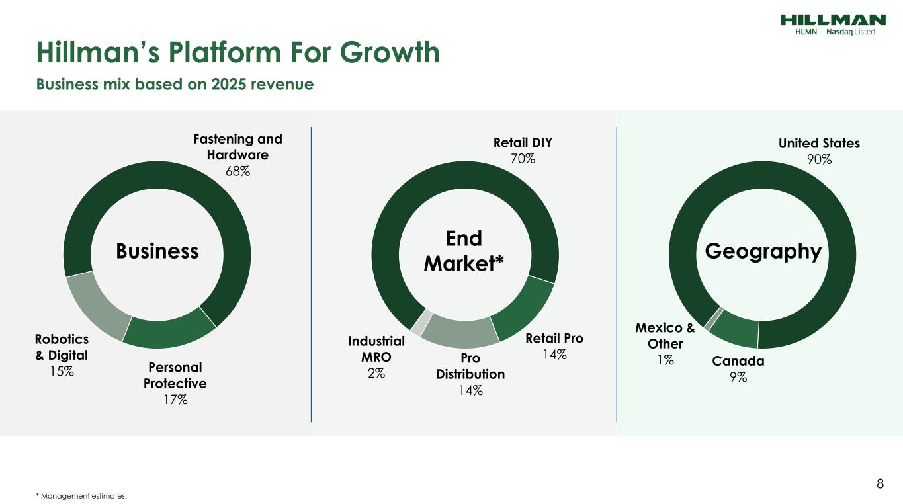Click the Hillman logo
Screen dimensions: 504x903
(x=832, y=24)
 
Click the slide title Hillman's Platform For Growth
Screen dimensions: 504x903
(x=237, y=52)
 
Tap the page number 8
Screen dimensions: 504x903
(x=880, y=483)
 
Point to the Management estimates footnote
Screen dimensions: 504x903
(x=81, y=495)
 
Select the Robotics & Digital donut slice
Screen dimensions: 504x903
(x=97, y=304)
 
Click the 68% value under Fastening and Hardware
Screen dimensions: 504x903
(x=237, y=171)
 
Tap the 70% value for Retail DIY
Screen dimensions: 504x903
(x=523, y=159)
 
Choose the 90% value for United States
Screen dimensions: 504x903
(x=819, y=159)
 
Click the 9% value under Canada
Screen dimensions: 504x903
(x=738, y=377)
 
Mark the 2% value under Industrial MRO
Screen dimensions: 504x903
(x=376, y=373)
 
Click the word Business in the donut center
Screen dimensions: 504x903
(x=157, y=251)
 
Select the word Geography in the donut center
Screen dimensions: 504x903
(x=763, y=251)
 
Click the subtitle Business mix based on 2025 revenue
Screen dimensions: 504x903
(x=175, y=85)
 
